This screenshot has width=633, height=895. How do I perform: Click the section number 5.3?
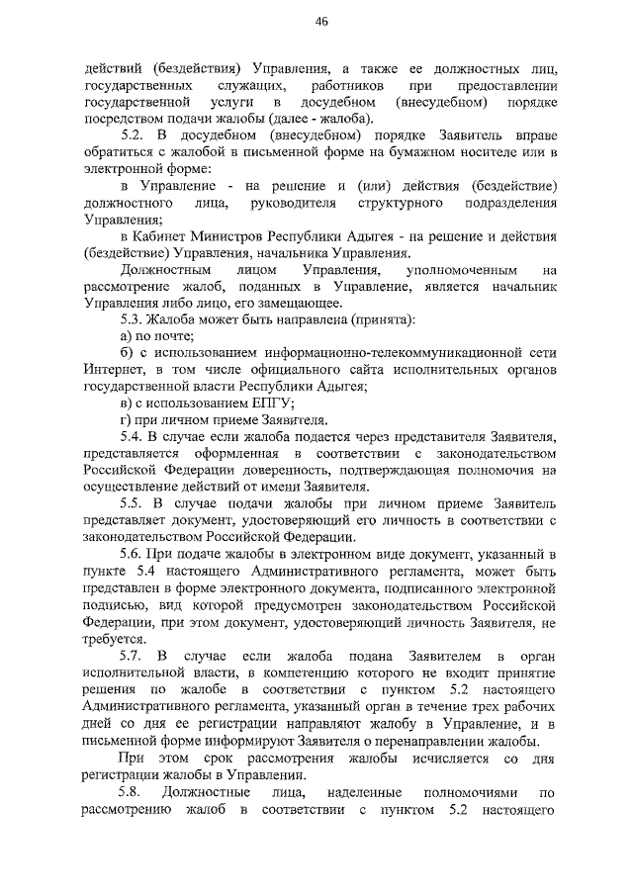(x=132, y=319)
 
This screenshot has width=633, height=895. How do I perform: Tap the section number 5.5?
(x=133, y=503)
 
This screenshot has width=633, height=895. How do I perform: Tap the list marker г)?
(x=124, y=420)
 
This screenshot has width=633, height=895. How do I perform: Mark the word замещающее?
(x=299, y=303)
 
